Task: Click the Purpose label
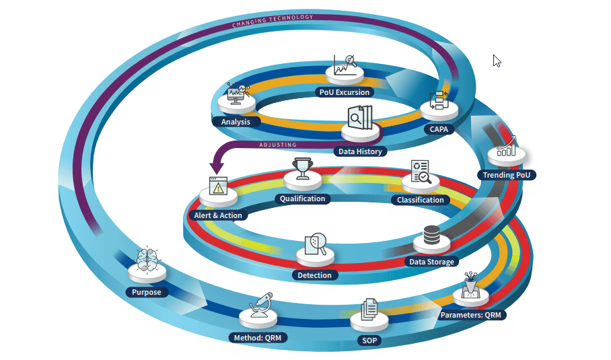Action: pyautogui.click(x=146, y=292)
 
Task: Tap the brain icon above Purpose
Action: pyautogui.click(x=147, y=259)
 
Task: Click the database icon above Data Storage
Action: pyautogui.click(x=431, y=237)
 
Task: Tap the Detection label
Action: pyautogui.click(x=314, y=275)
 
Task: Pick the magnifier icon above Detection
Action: pyautogui.click(x=315, y=244)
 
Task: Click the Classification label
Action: pyautogui.click(x=421, y=199)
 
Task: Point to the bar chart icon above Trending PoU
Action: pyautogui.click(x=506, y=147)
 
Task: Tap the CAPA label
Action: pyautogui.click(x=439, y=129)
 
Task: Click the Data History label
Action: pyautogui.click(x=360, y=151)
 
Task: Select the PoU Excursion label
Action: pyautogui.click(x=345, y=92)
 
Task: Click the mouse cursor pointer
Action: pyautogui.click(x=497, y=61)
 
